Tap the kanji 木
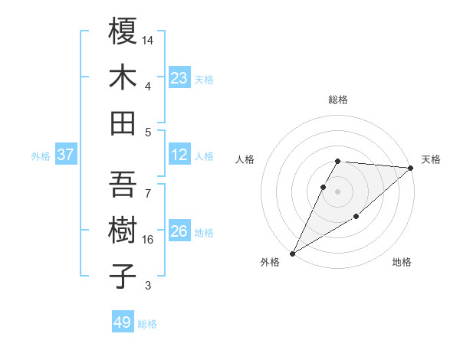[123, 77]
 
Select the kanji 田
[123, 123]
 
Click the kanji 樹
[123, 231]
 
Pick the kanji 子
[123, 277]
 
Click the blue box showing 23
[179, 78]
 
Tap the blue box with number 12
[179, 155]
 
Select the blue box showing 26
[179, 231]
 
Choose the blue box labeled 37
[65, 155]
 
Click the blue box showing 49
[123, 322]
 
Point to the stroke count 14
[149, 39]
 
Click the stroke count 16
[149, 240]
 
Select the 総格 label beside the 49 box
[147, 324]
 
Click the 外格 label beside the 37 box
[41, 156]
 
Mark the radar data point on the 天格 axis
[412, 168]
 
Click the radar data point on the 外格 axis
[292, 253]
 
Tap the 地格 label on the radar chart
[402, 263]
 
